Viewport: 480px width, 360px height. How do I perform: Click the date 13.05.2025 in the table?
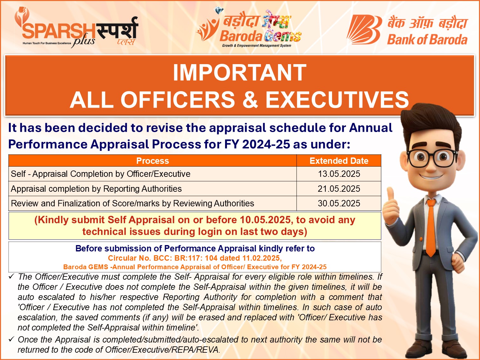click(339, 174)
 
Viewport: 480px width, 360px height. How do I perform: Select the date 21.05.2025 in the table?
click(339, 189)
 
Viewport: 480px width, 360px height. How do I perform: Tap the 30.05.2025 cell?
click(339, 203)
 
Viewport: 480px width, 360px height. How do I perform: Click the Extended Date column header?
click(339, 161)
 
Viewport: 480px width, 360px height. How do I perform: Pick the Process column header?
click(153, 161)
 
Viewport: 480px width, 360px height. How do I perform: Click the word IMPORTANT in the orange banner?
click(240, 73)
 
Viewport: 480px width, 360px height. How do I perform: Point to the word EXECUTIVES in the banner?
click(337, 100)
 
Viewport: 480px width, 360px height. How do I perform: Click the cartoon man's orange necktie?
click(431, 227)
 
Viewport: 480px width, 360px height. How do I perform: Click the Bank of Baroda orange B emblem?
click(364, 30)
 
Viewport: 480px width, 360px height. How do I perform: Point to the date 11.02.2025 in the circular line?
click(261, 258)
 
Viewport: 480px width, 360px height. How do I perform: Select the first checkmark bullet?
click(11, 277)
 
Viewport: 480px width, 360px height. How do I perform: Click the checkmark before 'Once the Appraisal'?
click(11, 339)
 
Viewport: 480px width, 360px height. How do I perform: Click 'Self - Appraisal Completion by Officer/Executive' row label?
click(101, 174)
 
